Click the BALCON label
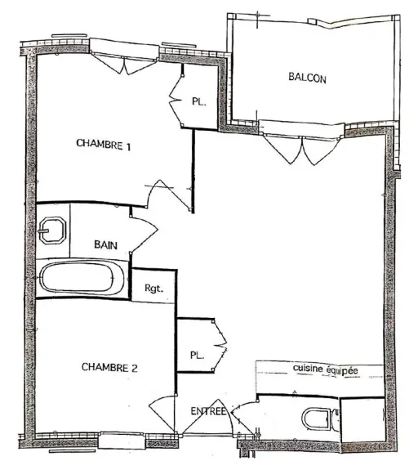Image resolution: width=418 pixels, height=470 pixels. [x=307, y=78]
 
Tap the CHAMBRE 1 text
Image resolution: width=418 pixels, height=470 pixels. [x=104, y=144]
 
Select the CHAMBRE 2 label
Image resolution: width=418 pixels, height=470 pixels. [x=109, y=367]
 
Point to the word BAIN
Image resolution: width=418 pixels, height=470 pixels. [x=105, y=245]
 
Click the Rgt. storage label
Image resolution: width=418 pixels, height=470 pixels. [x=154, y=289]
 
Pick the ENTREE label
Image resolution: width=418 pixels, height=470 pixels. [x=208, y=411]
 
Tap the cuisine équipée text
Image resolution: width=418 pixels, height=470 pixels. [x=326, y=369]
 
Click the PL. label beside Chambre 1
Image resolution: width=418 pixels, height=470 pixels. [x=199, y=101]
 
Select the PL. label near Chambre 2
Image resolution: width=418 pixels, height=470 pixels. [x=197, y=356]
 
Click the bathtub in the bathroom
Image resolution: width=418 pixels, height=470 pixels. [x=82, y=278]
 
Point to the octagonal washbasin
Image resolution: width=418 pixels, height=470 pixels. [x=52, y=231]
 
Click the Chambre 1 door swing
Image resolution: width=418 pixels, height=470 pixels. [x=169, y=195]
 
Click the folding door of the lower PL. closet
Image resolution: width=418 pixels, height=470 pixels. [x=220, y=346]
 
